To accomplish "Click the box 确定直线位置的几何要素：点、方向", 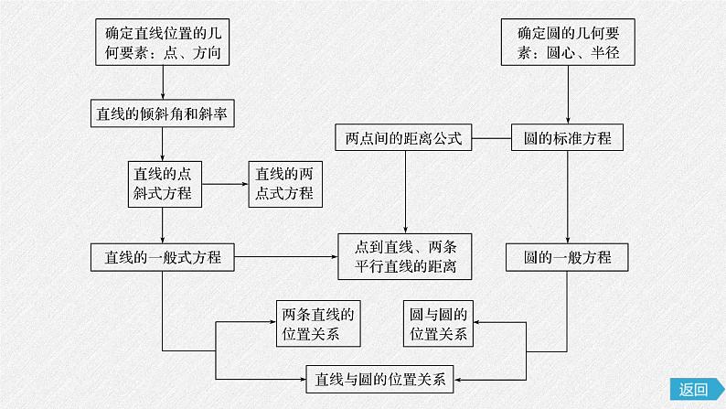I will tap(162, 43).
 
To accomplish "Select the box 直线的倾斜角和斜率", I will tap(162, 113).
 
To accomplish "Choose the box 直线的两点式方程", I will tap(283, 182).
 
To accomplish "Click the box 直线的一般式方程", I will tap(162, 257).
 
